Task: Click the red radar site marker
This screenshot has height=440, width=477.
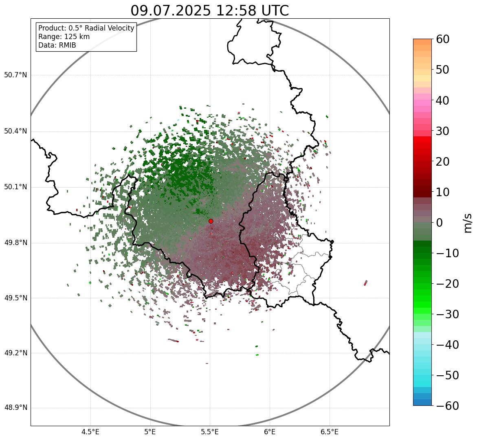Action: (x=211, y=221)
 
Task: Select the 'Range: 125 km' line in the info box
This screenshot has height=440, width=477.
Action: (x=64, y=37)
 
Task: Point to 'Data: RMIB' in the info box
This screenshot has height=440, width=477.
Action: (x=57, y=45)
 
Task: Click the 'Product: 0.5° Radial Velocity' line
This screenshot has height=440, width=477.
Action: (x=86, y=28)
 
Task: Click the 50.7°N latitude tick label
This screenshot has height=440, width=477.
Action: (x=15, y=75)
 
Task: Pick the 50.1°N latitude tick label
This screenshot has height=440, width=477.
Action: (x=15, y=187)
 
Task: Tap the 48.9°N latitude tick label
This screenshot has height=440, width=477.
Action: (x=15, y=408)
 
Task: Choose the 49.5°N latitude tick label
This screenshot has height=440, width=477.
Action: (x=15, y=298)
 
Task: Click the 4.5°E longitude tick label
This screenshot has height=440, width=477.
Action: (x=90, y=432)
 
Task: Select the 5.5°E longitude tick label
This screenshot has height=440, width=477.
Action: (x=210, y=432)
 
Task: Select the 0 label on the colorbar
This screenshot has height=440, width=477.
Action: (x=440, y=223)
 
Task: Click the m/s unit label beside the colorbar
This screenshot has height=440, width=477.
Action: (x=468, y=223)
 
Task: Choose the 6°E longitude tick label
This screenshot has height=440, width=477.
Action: (x=270, y=432)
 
